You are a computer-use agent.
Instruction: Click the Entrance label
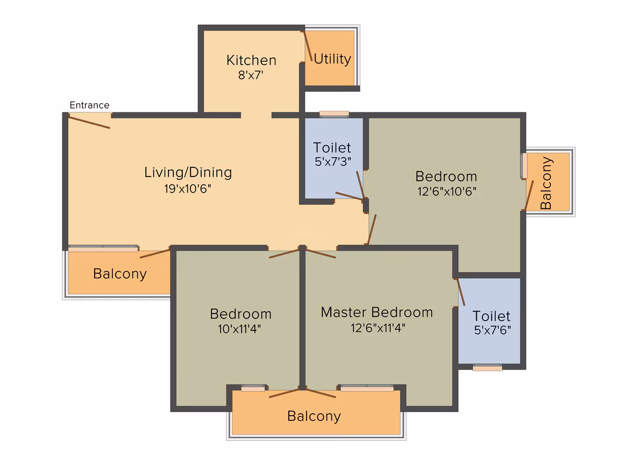[x=89, y=105]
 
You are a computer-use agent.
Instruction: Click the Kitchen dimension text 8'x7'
[x=251, y=75]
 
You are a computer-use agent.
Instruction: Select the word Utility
[x=332, y=59]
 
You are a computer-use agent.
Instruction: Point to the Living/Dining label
[x=188, y=172]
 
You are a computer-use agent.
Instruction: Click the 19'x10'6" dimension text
[x=187, y=189]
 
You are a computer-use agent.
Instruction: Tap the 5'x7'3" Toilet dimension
[x=332, y=161]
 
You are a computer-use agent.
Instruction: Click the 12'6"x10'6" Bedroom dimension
[x=446, y=192]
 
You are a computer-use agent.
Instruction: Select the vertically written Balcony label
[x=546, y=183]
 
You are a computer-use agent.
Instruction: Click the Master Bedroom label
[x=377, y=313]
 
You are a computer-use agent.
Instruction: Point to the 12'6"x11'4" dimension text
[x=378, y=328]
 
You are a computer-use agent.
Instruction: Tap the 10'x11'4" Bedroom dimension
[x=239, y=329]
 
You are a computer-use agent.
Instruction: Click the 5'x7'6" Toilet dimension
[x=492, y=330]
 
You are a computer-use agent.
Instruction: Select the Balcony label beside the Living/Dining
[x=120, y=274]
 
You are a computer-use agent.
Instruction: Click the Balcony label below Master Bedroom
[x=314, y=416]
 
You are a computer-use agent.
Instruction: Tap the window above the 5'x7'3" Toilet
[x=334, y=114]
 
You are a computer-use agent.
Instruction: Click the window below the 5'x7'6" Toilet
[x=487, y=368]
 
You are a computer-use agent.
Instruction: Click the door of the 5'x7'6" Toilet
[x=460, y=292]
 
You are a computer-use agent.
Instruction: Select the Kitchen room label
[x=251, y=60]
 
